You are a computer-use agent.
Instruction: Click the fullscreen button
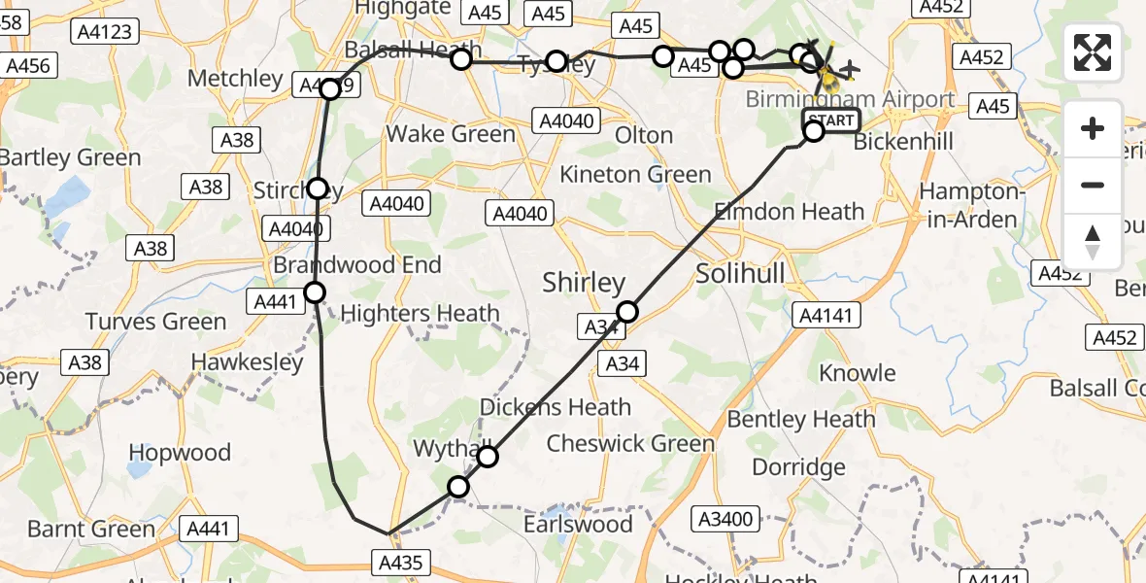click(1093, 52)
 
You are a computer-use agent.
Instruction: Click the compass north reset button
click(1093, 242)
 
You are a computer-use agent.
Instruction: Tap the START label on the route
click(831, 121)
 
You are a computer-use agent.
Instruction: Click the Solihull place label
click(740, 274)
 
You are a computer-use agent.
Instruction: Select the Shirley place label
click(584, 283)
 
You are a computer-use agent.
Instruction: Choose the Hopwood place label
click(180, 453)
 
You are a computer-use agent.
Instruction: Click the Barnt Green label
click(91, 530)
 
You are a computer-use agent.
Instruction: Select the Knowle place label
click(858, 373)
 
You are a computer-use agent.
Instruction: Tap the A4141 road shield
click(825, 315)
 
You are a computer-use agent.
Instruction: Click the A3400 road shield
click(727, 519)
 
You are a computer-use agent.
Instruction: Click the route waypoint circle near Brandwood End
click(315, 291)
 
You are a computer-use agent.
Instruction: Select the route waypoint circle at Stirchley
click(318, 189)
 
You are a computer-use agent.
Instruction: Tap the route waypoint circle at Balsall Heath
click(461, 59)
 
